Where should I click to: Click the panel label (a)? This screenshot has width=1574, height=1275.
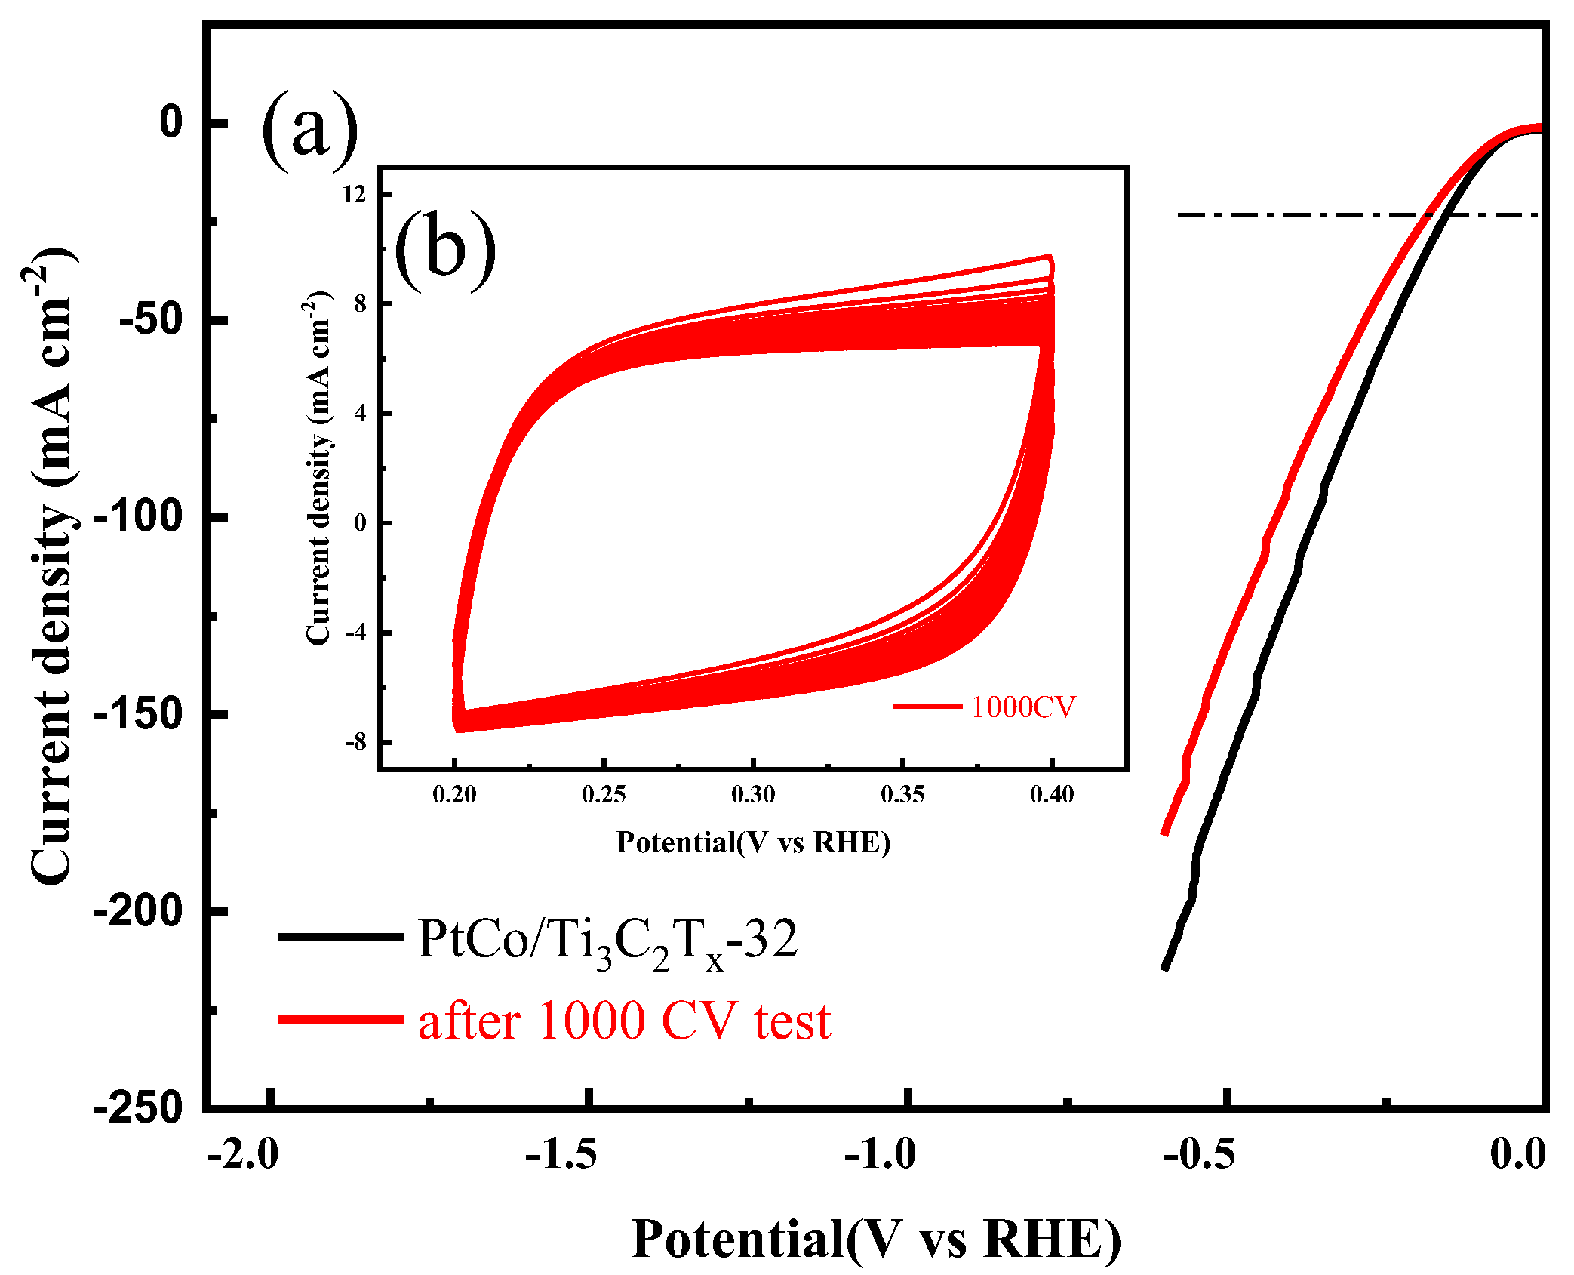click(309, 130)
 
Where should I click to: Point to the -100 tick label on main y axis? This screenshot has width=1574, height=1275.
click(139, 517)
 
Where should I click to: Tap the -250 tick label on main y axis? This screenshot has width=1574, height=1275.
click(139, 1108)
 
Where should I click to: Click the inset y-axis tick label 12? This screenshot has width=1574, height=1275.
click(354, 195)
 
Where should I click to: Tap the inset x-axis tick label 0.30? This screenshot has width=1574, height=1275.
click(753, 794)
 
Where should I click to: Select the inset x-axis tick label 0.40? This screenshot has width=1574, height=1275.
click(1052, 794)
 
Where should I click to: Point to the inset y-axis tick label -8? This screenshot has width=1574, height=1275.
click(355, 742)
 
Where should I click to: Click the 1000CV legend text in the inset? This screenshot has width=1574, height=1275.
click(1023, 707)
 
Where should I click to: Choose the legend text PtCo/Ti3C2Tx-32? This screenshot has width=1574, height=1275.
click(607, 941)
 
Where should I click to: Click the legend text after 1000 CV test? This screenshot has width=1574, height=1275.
click(624, 1021)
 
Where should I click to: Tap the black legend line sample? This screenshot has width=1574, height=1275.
click(340, 937)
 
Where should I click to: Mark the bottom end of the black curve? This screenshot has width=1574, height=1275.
click(1165, 968)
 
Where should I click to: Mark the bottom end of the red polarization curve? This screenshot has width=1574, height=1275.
click(1165, 833)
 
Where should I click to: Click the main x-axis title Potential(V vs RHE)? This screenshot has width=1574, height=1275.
click(876, 1240)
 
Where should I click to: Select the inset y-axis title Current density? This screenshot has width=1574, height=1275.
click(318, 468)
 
